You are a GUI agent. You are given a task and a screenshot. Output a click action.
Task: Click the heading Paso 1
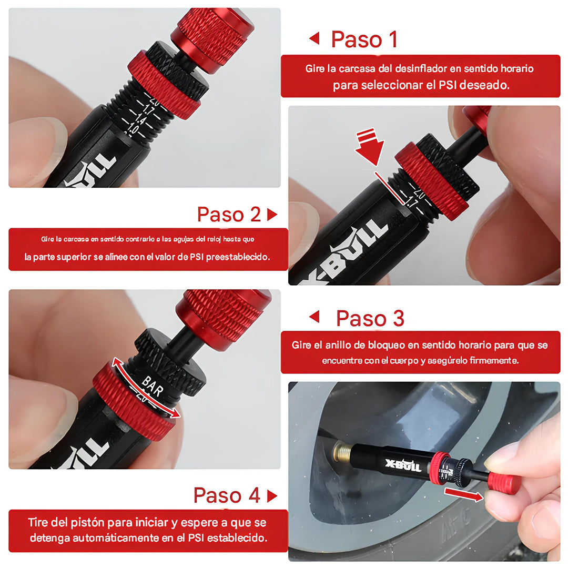[364, 39]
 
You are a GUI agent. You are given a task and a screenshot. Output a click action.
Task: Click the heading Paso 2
[229, 215]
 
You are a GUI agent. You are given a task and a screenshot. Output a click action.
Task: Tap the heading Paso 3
[370, 318]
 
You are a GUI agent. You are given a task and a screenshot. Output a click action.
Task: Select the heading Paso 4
[227, 495]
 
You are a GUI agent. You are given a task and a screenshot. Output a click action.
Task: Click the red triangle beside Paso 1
[314, 38]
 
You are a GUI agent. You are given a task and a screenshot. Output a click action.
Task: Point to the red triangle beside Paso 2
[272, 215]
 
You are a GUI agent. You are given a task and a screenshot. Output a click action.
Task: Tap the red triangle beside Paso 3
[314, 317]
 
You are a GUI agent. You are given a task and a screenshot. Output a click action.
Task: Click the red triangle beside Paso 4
[272, 496]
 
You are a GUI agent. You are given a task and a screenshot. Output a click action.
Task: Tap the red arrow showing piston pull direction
[463, 494]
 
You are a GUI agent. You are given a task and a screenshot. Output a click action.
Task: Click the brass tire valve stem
[343, 451]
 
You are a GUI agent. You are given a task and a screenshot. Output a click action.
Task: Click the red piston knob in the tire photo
[504, 484]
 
